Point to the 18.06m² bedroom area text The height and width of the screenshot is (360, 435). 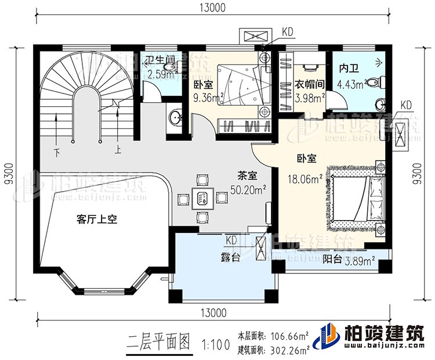[302, 179]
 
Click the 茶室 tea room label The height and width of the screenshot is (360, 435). [248, 175]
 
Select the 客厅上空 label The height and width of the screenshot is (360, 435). [97, 219]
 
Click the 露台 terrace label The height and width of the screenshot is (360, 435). [230, 257]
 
